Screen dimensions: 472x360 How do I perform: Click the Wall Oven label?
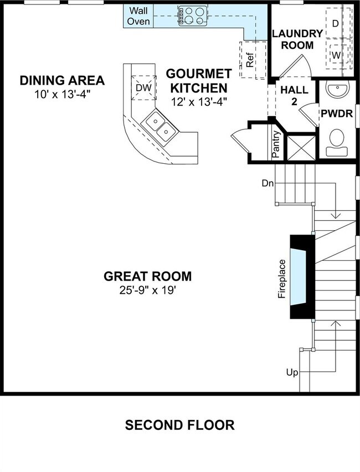tap(138, 16)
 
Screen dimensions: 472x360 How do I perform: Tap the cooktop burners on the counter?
tap(192, 16)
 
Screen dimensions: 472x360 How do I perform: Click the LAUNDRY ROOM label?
tap(297, 39)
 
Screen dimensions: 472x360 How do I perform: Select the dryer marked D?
tap(336, 23)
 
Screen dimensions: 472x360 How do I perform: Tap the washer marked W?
tap(336, 55)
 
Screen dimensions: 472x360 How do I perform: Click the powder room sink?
tap(336, 90)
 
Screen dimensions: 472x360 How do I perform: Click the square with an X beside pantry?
tap(300, 148)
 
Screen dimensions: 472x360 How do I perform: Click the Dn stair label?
tap(268, 183)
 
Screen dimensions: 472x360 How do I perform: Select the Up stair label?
tap(292, 372)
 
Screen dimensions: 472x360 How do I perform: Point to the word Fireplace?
tap(282, 279)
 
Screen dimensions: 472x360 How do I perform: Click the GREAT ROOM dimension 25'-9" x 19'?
tap(148, 290)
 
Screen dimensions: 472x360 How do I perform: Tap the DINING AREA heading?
tap(62, 80)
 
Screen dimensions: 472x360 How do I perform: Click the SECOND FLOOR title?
tap(179, 425)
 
